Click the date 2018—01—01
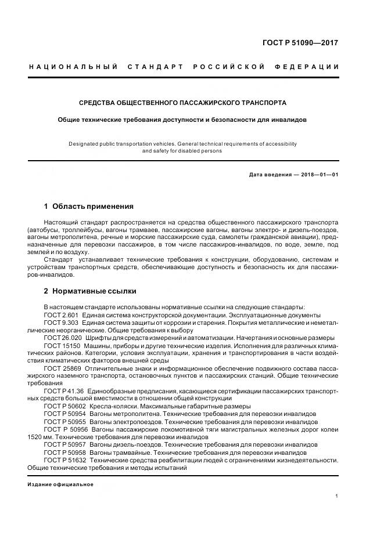pos(319,175)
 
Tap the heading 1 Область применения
pos(89,206)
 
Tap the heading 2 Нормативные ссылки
pos(90,291)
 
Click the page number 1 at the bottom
pos(337,495)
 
